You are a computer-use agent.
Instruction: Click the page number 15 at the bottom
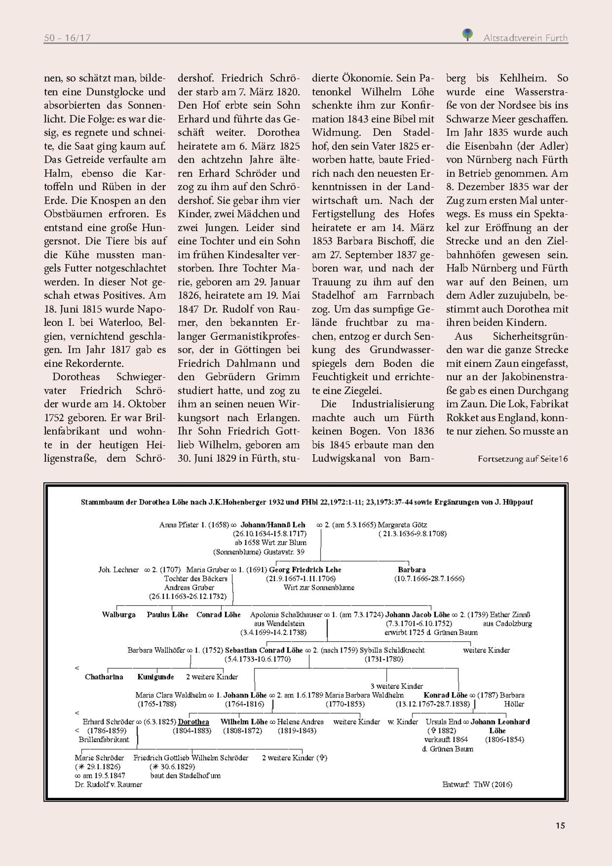pyautogui.click(x=560, y=825)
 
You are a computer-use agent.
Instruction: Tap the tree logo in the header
pyautogui.click(x=468, y=34)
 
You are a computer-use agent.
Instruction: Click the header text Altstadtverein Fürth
pyautogui.click(x=525, y=38)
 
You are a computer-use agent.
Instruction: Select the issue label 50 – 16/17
pyautogui.click(x=67, y=38)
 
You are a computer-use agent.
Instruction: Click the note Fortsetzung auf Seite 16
pyautogui.click(x=522, y=459)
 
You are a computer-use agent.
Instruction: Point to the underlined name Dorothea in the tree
pyautogui.click(x=193, y=722)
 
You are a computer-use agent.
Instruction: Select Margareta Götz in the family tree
pyautogui.click(x=402, y=525)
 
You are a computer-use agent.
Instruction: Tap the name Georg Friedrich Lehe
pyautogui.click(x=305, y=569)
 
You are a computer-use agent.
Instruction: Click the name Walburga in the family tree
pyautogui.click(x=119, y=615)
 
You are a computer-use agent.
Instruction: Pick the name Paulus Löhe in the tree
pyautogui.click(x=167, y=615)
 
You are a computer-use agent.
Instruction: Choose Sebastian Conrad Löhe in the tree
pyautogui.click(x=264, y=650)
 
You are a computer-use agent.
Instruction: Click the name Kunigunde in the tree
pyautogui.click(x=156, y=677)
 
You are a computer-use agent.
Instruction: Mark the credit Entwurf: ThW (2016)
pyautogui.click(x=477, y=784)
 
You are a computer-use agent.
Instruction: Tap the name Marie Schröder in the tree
pyautogui.click(x=99, y=758)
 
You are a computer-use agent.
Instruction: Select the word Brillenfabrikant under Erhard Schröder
pyautogui.click(x=104, y=740)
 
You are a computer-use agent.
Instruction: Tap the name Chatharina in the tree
pyautogui.click(x=104, y=677)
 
